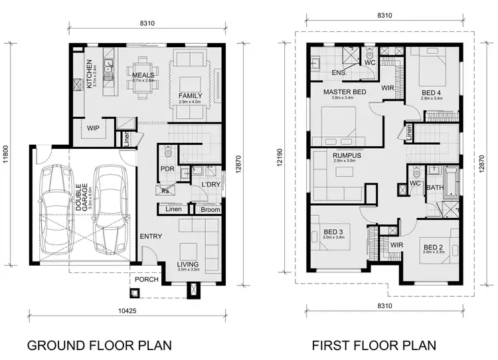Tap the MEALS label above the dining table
tap(143, 75)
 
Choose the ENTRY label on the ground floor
tap(150, 236)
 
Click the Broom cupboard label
tap(210, 210)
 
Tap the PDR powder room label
tap(167, 169)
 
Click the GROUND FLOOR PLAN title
tap(99, 345)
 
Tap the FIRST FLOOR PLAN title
tap(374, 345)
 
